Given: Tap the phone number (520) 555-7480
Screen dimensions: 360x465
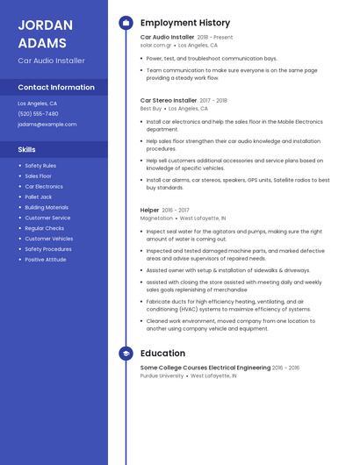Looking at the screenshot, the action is [x=38, y=113].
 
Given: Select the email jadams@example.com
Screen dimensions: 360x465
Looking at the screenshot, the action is [x=47, y=125].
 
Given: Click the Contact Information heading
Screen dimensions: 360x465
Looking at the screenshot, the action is [x=56, y=87].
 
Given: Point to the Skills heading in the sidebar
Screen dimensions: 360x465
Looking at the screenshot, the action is [x=26, y=149].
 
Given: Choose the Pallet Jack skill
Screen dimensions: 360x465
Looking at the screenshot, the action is [x=39, y=197].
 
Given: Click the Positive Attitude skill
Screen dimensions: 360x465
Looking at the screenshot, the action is [x=45, y=260].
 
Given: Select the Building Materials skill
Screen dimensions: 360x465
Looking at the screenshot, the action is [x=47, y=207].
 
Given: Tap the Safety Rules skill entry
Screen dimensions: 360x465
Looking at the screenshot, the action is [x=40, y=165].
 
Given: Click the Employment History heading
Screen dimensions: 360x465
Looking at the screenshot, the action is [x=184, y=23].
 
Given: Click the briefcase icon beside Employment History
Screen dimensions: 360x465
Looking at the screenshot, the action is [x=126, y=23].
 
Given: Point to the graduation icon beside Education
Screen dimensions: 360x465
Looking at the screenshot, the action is [x=126, y=354].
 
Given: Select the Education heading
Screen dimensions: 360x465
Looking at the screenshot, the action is [x=162, y=354].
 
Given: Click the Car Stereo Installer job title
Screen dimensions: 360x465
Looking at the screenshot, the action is [x=169, y=100].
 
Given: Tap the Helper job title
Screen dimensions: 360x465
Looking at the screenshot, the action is [x=149, y=210].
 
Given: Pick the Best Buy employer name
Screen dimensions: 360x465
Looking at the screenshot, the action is [x=150, y=109].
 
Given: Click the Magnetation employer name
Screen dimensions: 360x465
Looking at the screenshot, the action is [x=156, y=218].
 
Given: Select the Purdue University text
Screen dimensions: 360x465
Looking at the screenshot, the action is [x=162, y=376].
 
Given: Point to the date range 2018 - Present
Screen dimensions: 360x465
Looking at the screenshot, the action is [x=215, y=38].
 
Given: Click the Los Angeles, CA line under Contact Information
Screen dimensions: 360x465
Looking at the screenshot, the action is [x=37, y=103].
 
